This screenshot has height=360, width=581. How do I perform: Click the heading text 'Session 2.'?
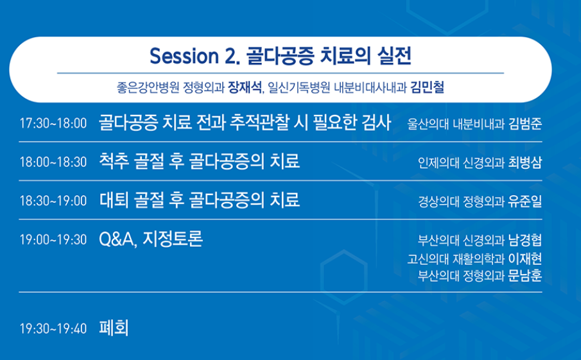[195, 56]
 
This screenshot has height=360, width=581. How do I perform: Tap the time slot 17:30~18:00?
[53, 123]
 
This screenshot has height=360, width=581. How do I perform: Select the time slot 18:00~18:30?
[53, 162]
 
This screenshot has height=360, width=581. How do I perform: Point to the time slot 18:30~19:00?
[53, 201]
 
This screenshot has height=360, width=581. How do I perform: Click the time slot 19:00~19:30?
[53, 239]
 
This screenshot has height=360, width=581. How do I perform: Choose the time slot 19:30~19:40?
[53, 329]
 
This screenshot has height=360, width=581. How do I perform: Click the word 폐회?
[114, 328]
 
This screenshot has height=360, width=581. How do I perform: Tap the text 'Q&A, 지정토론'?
[151, 239]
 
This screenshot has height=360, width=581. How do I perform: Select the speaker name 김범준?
[525, 124]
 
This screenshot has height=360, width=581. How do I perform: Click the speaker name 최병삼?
[525, 162]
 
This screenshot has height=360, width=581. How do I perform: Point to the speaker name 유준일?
[525, 201]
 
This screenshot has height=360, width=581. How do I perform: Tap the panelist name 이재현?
[525, 259]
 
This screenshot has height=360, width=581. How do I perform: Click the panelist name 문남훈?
[525, 275]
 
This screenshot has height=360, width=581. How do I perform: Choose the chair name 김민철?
[427, 87]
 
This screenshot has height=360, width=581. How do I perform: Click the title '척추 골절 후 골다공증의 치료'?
[200, 161]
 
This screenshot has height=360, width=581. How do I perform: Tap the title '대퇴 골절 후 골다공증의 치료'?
[200, 200]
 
